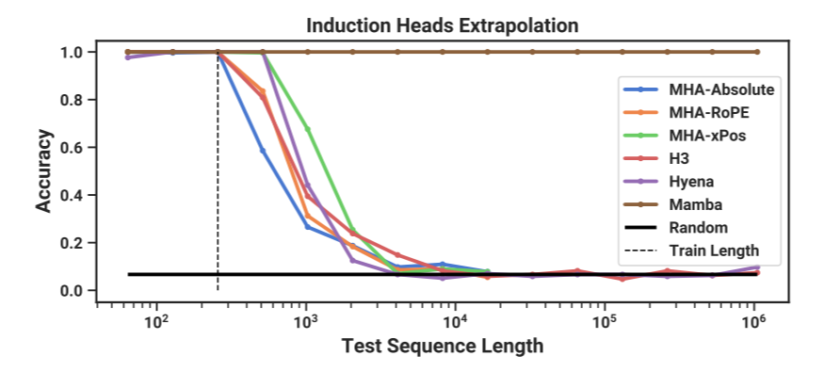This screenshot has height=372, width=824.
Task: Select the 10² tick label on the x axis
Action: click(156, 320)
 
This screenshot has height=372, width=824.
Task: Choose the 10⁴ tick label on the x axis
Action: click(456, 320)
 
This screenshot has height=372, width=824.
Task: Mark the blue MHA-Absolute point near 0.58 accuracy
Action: click(263, 151)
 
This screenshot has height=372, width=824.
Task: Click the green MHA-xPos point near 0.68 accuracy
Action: click(308, 128)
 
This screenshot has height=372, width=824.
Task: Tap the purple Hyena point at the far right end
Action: click(756, 267)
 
